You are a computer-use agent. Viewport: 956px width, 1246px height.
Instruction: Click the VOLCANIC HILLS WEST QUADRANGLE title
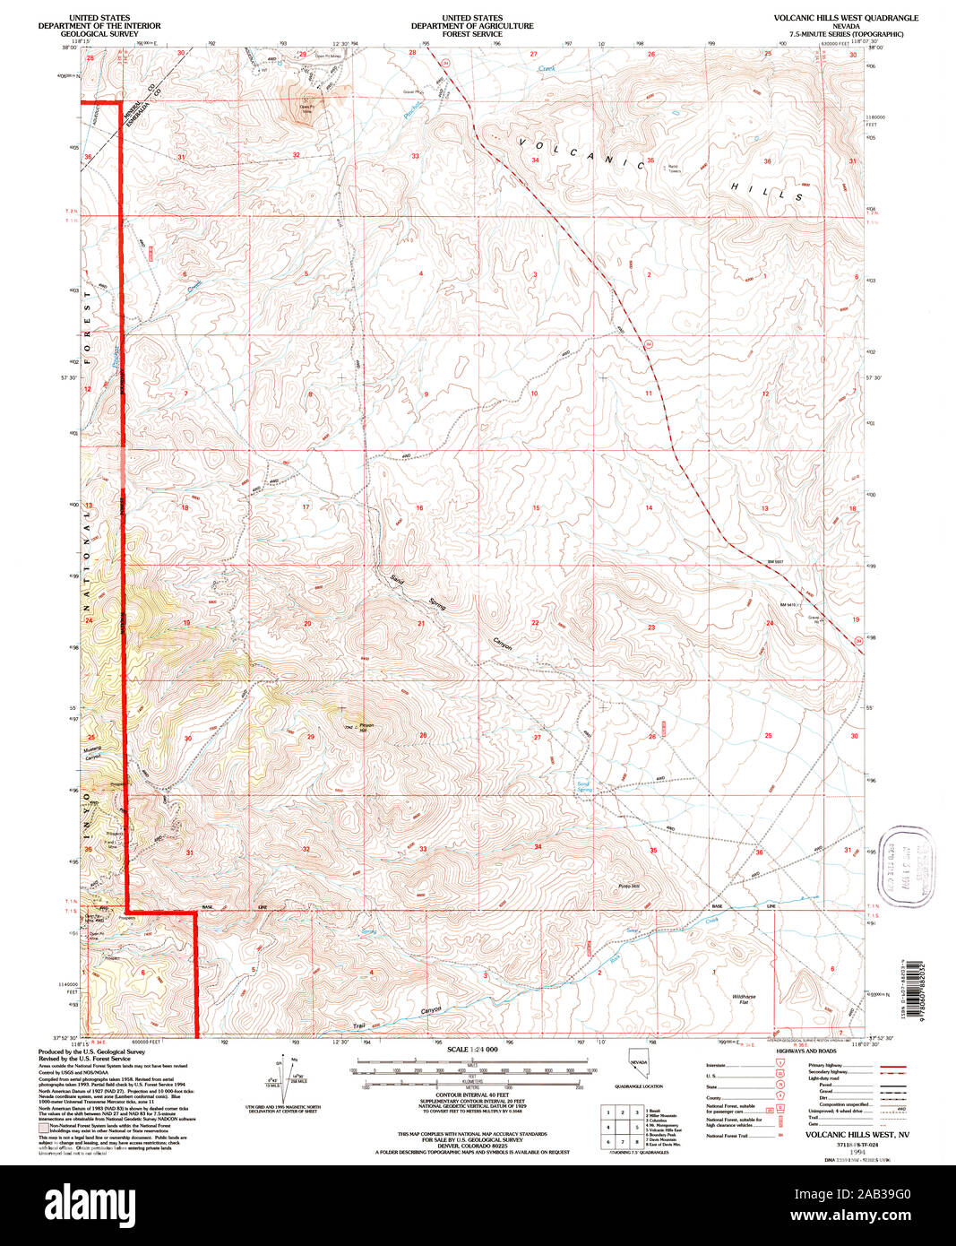tap(846, 18)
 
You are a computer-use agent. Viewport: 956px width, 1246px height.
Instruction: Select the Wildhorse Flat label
tap(744, 999)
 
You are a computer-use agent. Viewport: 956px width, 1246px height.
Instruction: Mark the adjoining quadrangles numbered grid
tap(621, 1125)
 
